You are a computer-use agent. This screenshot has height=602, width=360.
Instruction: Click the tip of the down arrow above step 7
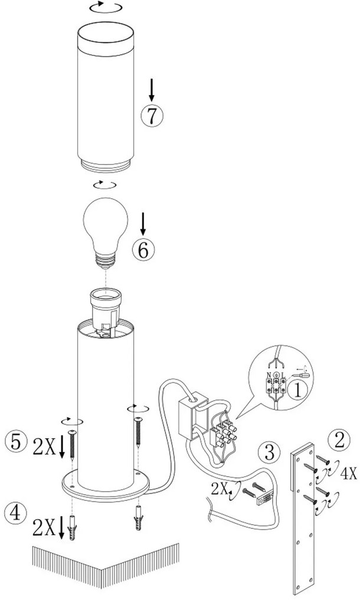[152, 102]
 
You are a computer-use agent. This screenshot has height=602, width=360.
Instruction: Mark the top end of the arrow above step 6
[143, 212]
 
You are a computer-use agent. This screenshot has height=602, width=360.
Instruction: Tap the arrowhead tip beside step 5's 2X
[62, 459]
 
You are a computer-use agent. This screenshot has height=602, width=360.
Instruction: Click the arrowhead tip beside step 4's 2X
[61, 539]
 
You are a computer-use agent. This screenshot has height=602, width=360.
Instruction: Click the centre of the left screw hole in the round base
[71, 485]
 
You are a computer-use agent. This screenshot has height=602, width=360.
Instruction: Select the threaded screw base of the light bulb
[106, 261]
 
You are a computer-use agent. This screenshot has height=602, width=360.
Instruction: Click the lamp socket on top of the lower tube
[106, 309]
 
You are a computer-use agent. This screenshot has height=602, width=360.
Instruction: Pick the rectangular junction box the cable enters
[192, 415]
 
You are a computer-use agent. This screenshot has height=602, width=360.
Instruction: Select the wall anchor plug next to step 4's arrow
[72, 528]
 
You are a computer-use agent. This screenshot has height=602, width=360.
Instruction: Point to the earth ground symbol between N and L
[276, 374]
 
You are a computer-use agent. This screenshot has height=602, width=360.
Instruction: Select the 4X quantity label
[349, 474]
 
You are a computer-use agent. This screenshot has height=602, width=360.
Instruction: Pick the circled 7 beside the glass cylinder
[152, 115]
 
